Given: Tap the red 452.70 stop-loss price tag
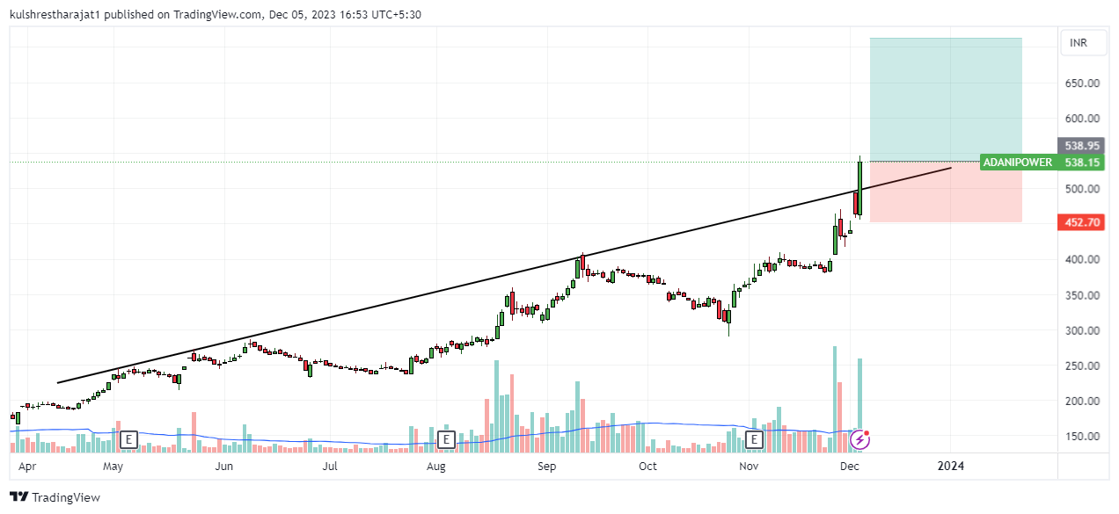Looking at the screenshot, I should [1082, 222].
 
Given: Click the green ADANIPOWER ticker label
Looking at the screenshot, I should [1017, 163].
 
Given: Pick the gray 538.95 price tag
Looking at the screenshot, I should [1082, 146].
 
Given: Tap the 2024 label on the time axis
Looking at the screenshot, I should [951, 467].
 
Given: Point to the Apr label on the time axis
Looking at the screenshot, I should [27, 467].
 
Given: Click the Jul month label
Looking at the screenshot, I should [331, 467].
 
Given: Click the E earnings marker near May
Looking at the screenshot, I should [129, 438].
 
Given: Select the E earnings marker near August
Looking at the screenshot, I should [446, 438].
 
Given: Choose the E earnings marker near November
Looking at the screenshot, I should [754, 438].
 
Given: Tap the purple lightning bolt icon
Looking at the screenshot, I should [859, 438].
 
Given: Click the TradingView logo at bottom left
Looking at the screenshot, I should [55, 497].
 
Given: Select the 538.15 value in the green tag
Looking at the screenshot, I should [1082, 163].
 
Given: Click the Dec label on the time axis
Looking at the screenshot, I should [850, 467].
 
